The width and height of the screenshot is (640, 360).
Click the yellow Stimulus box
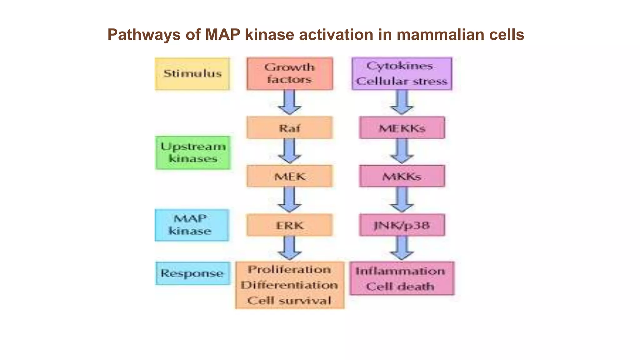[x=192, y=74]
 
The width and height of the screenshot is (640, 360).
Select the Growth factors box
[x=290, y=74]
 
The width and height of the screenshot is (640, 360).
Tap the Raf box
[x=290, y=128]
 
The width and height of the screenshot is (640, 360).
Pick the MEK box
[x=290, y=177]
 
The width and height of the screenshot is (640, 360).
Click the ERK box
[x=290, y=225]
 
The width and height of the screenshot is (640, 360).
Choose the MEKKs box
[x=402, y=128]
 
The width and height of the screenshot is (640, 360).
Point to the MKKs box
[x=402, y=177]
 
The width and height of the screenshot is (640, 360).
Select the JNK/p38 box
[x=402, y=225]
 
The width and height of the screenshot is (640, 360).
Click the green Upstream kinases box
[x=192, y=153]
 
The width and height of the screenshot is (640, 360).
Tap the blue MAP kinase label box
[x=192, y=225]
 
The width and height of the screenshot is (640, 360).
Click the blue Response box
[x=192, y=273]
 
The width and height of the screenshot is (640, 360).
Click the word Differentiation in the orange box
[x=289, y=285]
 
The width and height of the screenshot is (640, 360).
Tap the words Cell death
[x=400, y=287]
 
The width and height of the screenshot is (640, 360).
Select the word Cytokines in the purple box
[x=400, y=66]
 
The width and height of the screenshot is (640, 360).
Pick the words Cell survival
[x=289, y=301]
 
